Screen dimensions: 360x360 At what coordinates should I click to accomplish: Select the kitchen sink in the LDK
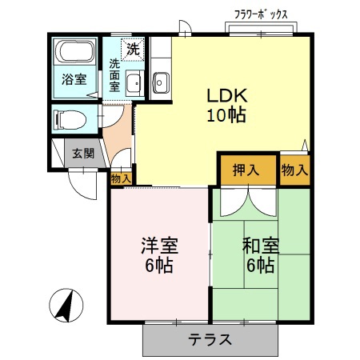161,81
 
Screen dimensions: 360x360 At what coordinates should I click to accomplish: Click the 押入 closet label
246,170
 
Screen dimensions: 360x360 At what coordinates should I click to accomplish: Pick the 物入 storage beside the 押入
294,170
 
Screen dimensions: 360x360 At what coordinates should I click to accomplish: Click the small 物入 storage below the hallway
121,178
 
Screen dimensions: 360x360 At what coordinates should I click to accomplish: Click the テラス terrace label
210,338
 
